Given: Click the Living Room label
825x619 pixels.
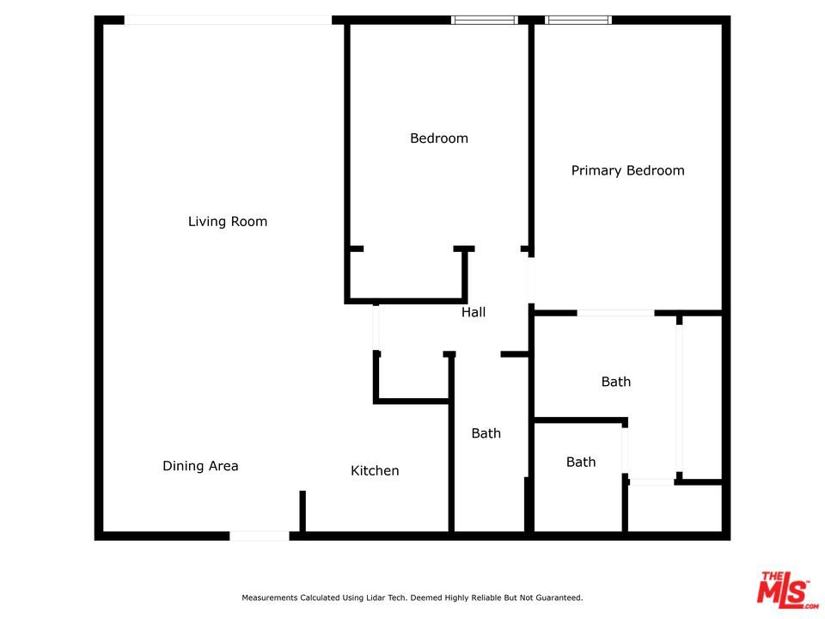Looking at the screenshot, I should (228, 222).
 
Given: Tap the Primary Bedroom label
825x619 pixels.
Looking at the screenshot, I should (627, 170).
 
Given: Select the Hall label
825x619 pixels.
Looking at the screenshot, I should (474, 312).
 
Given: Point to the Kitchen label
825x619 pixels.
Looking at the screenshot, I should (375, 470).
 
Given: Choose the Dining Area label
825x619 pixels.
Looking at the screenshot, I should (200, 466).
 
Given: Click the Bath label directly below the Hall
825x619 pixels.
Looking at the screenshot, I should (486, 433).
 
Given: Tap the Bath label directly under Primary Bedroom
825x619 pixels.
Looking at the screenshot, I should (615, 382).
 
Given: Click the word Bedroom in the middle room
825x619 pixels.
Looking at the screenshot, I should (439, 138).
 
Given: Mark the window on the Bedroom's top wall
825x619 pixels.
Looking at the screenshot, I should (485, 20).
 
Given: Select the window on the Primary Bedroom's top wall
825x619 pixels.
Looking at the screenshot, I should (578, 20).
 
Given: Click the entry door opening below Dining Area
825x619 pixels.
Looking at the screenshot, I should (259, 536).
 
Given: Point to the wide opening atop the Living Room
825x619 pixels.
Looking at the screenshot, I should (228, 20).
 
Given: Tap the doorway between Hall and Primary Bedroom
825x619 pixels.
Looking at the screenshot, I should (531, 279).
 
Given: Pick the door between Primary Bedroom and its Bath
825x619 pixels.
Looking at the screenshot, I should (615, 313).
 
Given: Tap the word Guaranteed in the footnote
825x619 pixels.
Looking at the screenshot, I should (555, 598).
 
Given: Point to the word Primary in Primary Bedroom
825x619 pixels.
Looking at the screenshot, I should (595, 170).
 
